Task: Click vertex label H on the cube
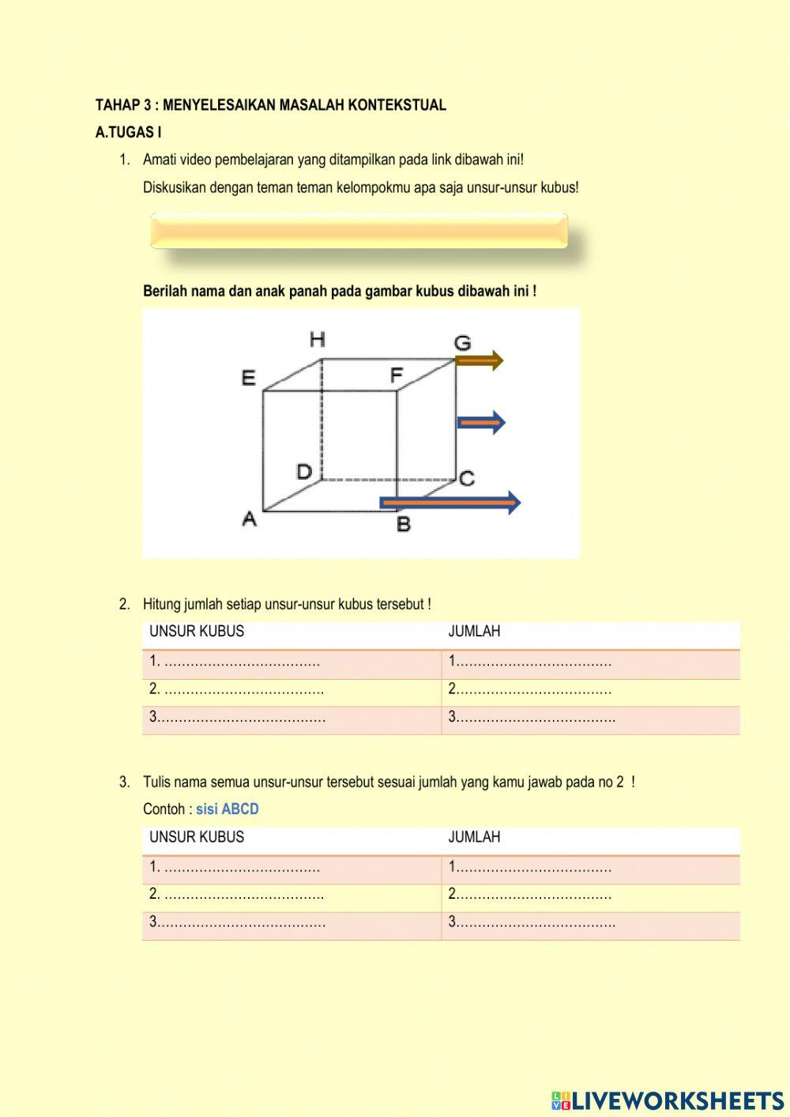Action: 317,340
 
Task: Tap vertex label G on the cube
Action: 462,343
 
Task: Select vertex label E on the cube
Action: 248,378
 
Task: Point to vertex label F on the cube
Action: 397,375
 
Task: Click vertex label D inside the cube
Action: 304,472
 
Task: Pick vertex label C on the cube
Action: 467,478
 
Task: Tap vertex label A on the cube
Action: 249,519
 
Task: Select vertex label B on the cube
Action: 403,523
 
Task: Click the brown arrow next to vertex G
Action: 480,361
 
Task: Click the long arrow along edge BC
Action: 450,503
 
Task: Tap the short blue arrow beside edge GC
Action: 481,423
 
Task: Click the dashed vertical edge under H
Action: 322,419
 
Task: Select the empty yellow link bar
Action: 359,231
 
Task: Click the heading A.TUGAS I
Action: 128,133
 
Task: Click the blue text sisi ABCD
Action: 228,809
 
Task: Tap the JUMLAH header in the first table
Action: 474,632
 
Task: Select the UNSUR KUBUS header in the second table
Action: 197,837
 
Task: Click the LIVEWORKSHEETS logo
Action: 668,1100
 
